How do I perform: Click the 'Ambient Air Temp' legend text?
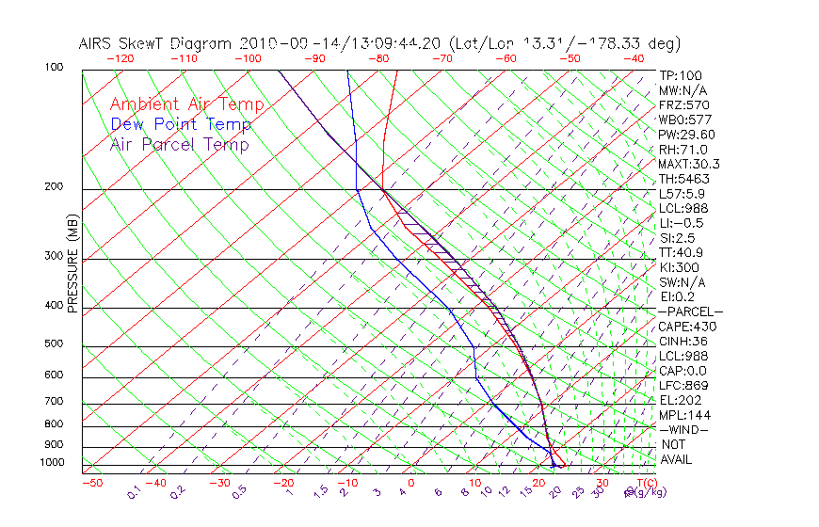tap(186, 104)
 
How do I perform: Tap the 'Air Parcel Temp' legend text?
tap(179, 144)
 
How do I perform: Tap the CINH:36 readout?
tap(681, 341)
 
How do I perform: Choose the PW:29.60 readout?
tap(686, 135)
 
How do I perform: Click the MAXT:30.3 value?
tap(686, 164)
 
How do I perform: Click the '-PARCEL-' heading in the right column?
tap(690, 311)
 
